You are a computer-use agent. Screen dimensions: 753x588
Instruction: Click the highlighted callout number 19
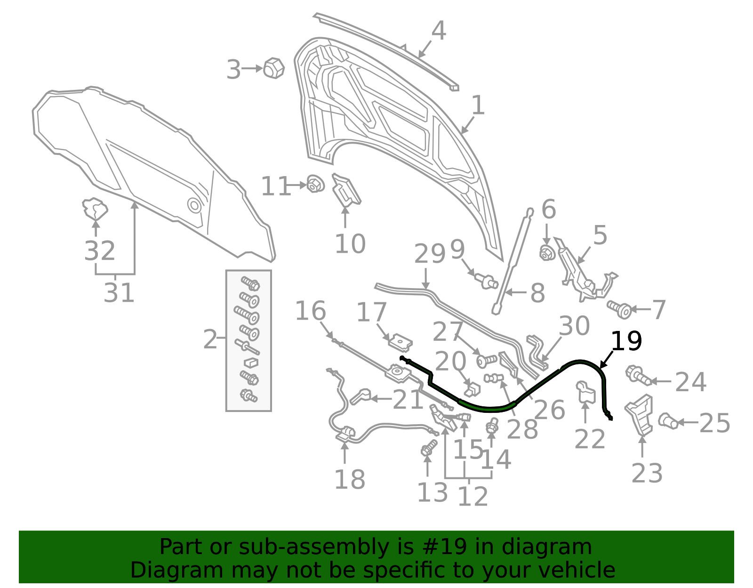(x=626, y=341)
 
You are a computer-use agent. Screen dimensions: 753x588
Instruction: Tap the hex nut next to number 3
(x=273, y=68)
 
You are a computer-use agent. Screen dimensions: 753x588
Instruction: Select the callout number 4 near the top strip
(x=438, y=31)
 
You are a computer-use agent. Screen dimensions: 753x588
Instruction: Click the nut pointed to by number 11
(x=315, y=184)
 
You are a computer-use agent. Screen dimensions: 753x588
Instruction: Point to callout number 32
(x=100, y=250)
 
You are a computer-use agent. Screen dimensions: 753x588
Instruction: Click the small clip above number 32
(x=94, y=209)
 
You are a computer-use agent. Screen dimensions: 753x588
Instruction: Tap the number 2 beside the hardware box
(x=210, y=339)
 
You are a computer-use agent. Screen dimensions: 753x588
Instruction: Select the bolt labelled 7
(x=619, y=309)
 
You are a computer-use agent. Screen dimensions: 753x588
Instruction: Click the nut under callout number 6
(x=547, y=253)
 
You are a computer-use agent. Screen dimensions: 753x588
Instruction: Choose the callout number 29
(x=430, y=254)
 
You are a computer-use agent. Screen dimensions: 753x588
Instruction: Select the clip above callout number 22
(x=585, y=392)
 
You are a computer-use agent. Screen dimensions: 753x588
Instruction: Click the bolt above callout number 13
(x=429, y=448)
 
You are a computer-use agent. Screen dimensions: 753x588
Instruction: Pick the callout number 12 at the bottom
(x=473, y=496)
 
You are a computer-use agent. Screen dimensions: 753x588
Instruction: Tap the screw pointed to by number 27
(x=487, y=361)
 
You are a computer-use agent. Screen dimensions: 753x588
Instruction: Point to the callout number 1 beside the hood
(x=478, y=105)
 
